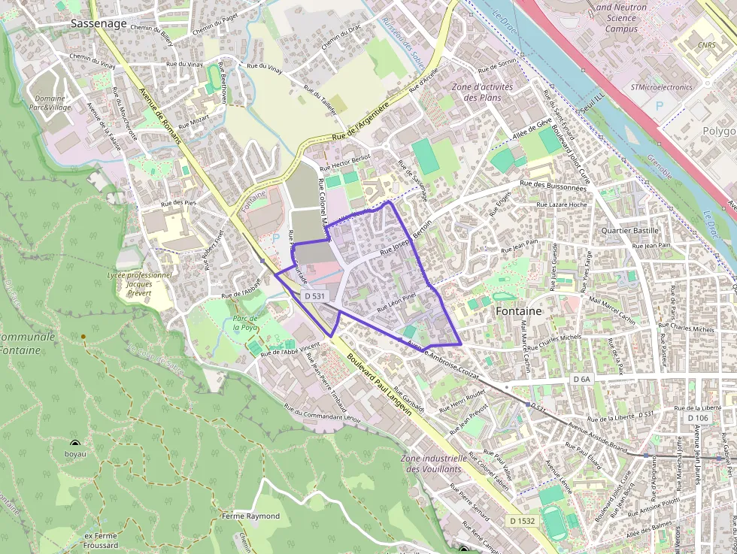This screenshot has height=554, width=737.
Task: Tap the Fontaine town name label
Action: click(x=520, y=310)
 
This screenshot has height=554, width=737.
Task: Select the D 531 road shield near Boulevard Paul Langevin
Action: click(x=316, y=296)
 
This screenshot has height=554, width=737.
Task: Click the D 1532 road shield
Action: click(x=522, y=520)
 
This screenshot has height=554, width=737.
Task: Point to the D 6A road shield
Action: click(x=582, y=380)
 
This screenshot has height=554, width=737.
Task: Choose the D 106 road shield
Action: click(x=697, y=417)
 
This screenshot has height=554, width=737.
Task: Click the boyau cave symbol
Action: click(x=75, y=444)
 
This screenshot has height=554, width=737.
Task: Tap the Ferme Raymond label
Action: click(x=250, y=516)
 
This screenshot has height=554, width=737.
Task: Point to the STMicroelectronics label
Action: click(x=661, y=87)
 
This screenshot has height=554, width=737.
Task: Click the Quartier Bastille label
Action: click(x=629, y=231)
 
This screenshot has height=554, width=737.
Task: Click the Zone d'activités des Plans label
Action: click(x=482, y=92)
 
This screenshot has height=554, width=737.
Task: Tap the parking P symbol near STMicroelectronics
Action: click(x=660, y=106)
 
